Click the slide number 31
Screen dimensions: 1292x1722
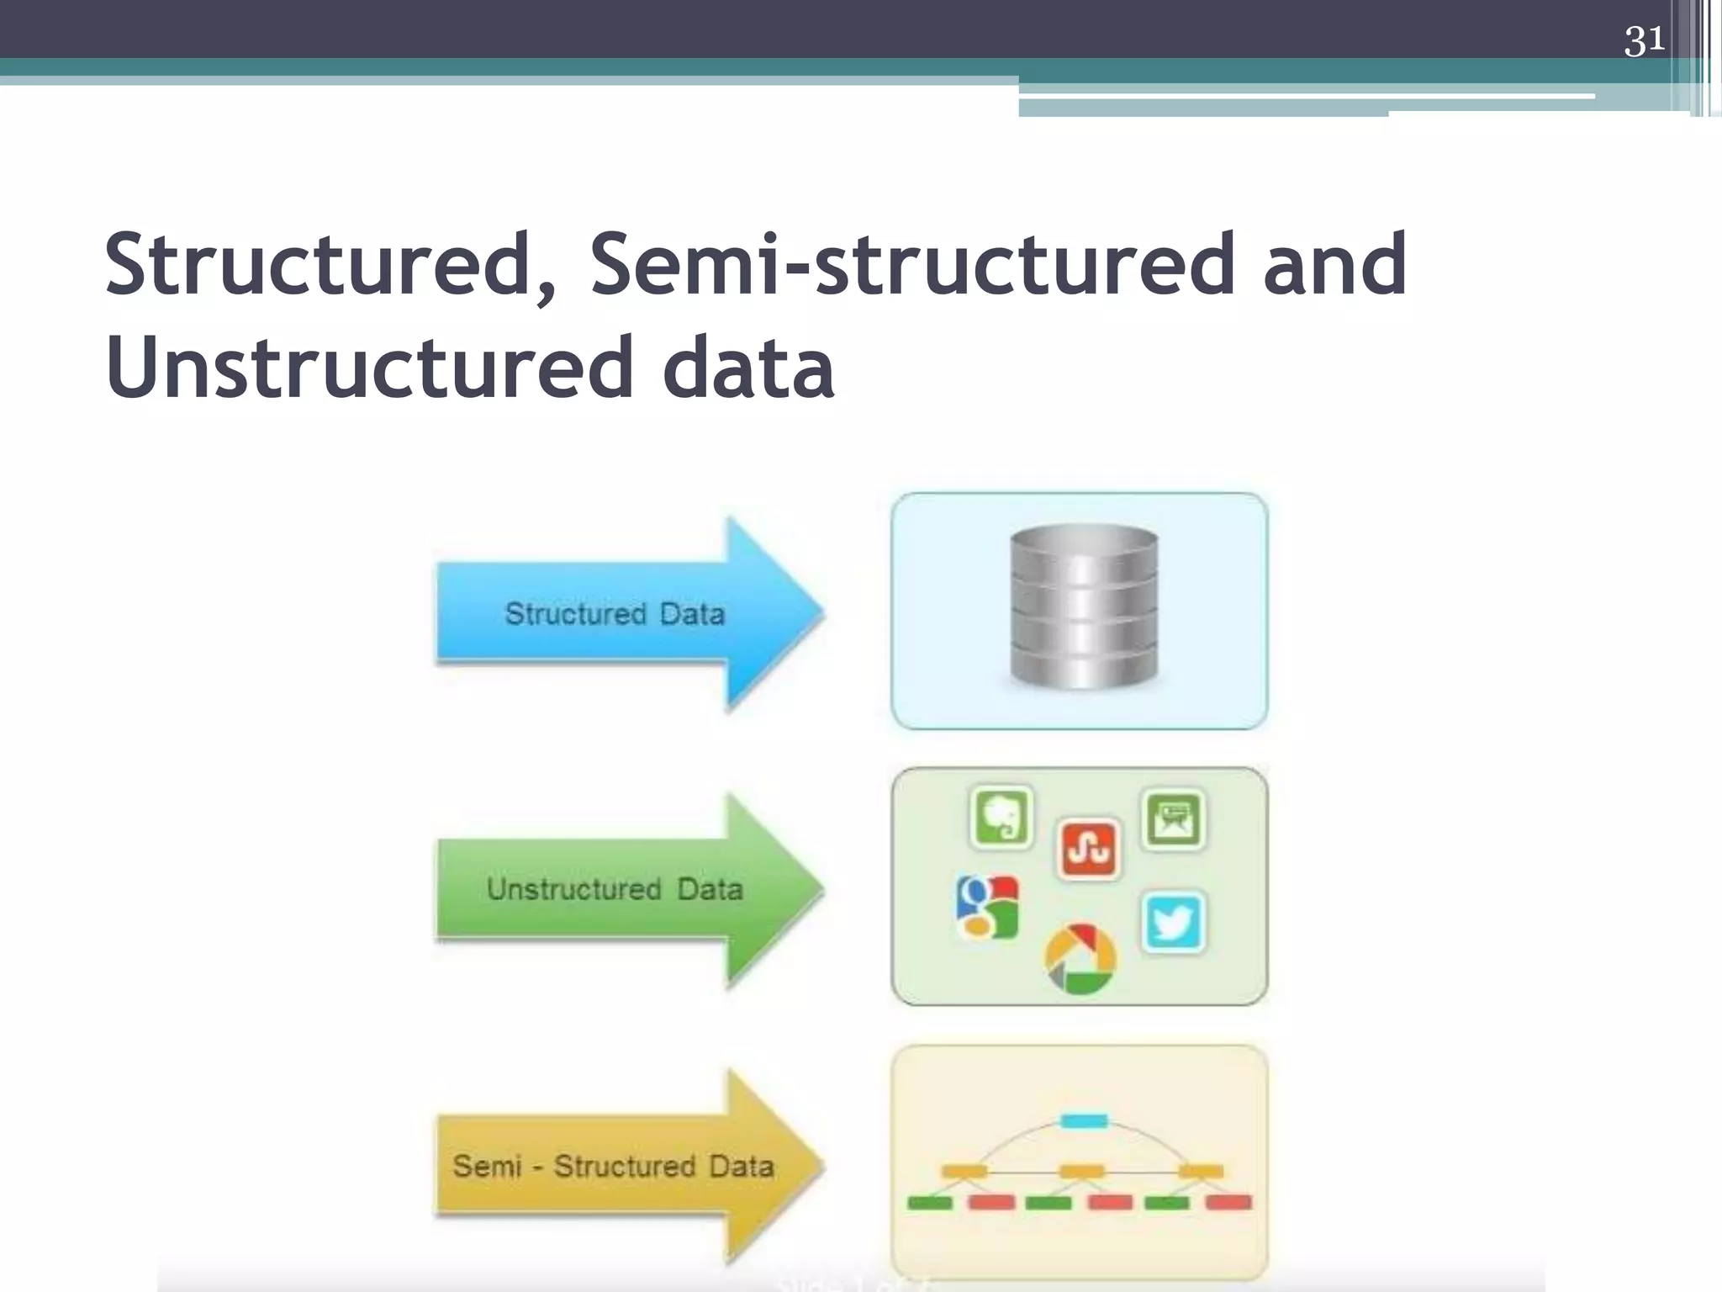click(1644, 40)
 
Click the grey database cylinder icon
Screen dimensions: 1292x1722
click(1083, 606)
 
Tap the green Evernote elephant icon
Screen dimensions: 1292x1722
click(1001, 817)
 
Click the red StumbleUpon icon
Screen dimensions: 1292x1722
click(1088, 849)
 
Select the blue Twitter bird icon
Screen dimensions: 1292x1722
click(1174, 922)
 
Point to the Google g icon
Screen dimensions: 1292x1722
click(987, 907)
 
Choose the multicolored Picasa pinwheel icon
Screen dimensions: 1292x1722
click(1080, 959)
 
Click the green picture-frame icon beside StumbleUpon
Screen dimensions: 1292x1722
click(1174, 818)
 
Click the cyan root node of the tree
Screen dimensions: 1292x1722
click(1084, 1120)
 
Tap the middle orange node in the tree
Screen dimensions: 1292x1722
click(1081, 1171)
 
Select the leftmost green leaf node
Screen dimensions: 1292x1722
click(930, 1203)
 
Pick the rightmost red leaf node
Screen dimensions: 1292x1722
click(1228, 1203)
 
